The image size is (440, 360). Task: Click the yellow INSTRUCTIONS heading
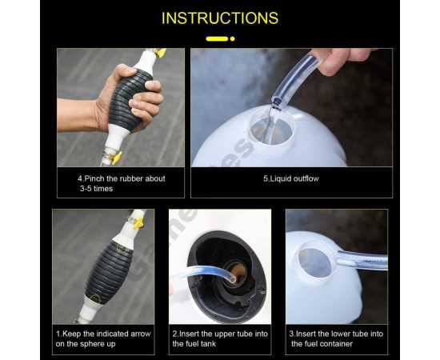point(220,18)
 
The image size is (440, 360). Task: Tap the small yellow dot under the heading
point(232,38)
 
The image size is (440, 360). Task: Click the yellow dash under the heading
point(217,38)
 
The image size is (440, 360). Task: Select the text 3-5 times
point(96,189)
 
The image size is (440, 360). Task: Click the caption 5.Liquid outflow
point(291,178)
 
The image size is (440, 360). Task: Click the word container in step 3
point(337,344)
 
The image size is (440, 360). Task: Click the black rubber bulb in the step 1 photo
point(108,271)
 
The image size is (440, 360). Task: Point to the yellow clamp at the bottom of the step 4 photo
point(116,158)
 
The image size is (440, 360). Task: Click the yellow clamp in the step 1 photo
point(138,222)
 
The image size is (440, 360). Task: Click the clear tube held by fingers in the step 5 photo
point(296,79)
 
